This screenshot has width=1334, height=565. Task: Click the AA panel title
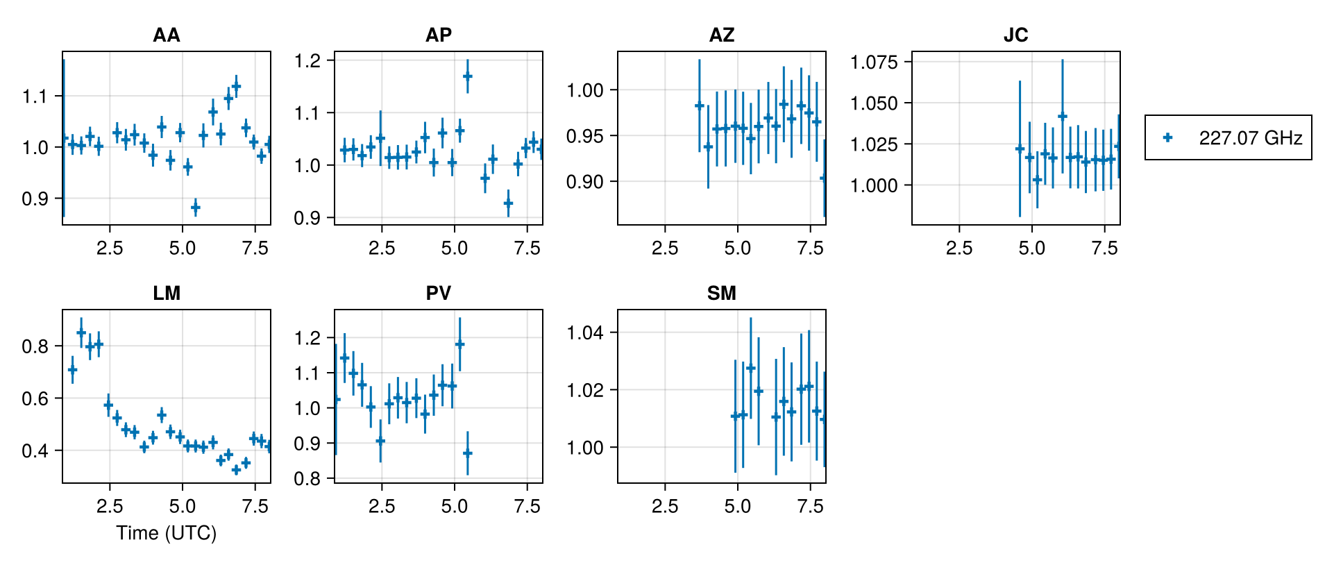(167, 35)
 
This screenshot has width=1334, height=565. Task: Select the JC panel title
(1015, 35)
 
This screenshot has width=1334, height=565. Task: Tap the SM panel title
(721, 293)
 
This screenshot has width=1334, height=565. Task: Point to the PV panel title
(438, 293)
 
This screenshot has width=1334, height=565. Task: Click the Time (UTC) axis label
(167, 533)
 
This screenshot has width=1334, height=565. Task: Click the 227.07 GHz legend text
(1250, 138)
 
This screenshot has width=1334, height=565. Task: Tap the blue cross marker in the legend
(1168, 137)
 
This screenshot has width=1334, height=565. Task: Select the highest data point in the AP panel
(468, 76)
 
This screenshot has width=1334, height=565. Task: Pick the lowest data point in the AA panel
(195, 207)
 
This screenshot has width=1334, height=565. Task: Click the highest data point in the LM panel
(81, 332)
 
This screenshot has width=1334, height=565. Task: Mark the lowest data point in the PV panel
(468, 453)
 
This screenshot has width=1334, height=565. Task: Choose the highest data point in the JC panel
(1062, 117)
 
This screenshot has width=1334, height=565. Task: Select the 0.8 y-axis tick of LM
(35, 346)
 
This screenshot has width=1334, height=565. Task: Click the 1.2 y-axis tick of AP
(307, 61)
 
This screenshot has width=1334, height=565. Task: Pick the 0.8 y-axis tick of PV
(307, 479)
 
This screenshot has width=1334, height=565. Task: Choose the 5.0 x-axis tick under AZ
(737, 248)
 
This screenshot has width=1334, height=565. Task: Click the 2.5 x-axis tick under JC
(959, 248)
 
